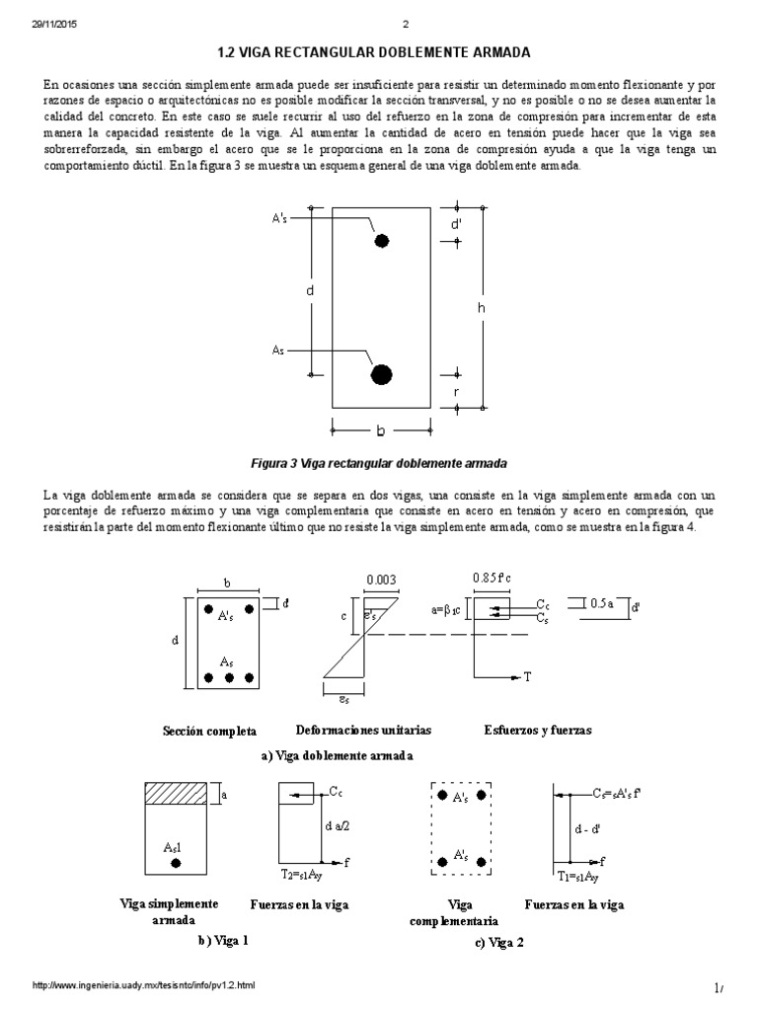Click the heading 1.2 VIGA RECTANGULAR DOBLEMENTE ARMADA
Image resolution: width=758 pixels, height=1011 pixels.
click(378, 50)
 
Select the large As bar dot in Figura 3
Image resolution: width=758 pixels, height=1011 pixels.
click(381, 373)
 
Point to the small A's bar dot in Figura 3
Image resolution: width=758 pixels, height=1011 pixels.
click(381, 240)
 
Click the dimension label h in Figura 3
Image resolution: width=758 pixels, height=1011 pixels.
click(481, 308)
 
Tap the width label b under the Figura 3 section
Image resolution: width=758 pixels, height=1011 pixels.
click(380, 430)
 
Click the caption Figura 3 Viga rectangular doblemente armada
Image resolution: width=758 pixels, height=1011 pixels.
click(379, 462)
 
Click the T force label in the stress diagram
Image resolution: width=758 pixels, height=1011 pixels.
click(527, 676)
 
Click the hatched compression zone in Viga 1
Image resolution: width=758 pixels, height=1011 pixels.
click(177, 794)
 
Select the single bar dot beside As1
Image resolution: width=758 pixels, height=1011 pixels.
click(176, 863)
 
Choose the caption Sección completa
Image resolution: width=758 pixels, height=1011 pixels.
click(209, 732)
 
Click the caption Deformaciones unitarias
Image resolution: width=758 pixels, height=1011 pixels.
click(363, 731)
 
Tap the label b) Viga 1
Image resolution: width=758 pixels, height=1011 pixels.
click(222, 940)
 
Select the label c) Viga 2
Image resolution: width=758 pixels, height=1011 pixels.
click(498, 942)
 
